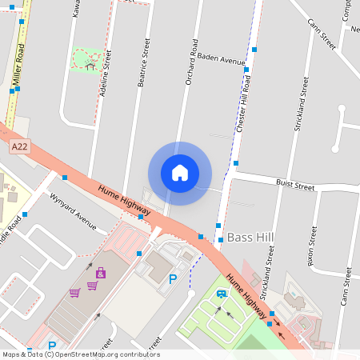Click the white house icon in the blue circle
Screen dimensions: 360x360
[x=180, y=173]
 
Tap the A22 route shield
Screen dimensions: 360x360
[x=20, y=146]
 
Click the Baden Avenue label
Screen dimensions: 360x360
[x=221, y=59]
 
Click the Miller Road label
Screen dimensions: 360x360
[x=19, y=64]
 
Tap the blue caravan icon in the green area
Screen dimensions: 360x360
[x=221, y=293]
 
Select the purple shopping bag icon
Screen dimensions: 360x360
[x=100, y=274]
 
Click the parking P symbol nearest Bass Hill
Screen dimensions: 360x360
[x=173, y=279]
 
